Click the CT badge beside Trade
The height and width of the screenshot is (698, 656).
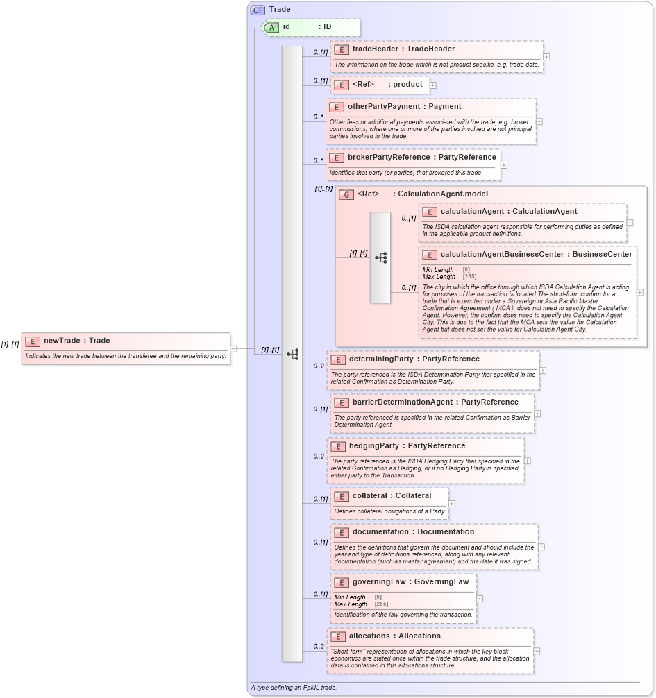258,10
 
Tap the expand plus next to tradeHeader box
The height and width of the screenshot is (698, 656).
546,58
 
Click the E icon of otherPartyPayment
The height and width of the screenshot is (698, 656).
336,108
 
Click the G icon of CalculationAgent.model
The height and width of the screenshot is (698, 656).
346,195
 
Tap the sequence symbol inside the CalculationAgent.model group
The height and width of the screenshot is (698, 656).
380,257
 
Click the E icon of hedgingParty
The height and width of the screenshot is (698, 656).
337,446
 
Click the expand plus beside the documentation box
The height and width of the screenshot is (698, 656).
541,547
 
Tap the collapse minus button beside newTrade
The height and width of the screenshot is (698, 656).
234,349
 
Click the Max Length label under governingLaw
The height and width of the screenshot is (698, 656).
351,604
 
